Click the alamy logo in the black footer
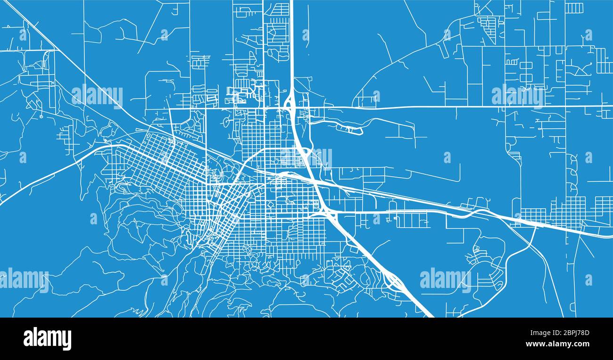[47, 339]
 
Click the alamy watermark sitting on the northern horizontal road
[517, 96]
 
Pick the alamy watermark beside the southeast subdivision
[445, 279]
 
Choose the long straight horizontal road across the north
[424, 107]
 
